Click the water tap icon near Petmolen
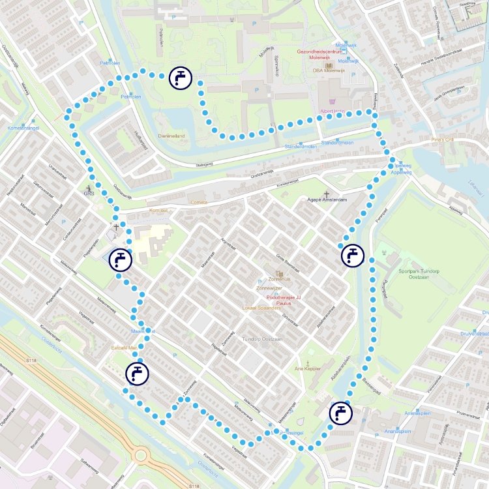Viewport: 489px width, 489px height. click(180, 78)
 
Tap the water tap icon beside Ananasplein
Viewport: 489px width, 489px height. click(340, 413)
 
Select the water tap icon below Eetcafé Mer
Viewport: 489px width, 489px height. click(137, 374)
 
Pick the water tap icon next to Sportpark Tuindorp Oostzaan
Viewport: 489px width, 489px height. click(352, 255)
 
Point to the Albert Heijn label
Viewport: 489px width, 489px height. click(332, 111)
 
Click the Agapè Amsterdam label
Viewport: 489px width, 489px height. click(327, 199)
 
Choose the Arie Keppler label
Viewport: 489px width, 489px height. click(308, 368)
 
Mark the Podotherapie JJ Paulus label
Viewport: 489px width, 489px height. click(279, 300)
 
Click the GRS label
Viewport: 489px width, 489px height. click(89, 193)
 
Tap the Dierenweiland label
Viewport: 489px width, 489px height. click(172, 136)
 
